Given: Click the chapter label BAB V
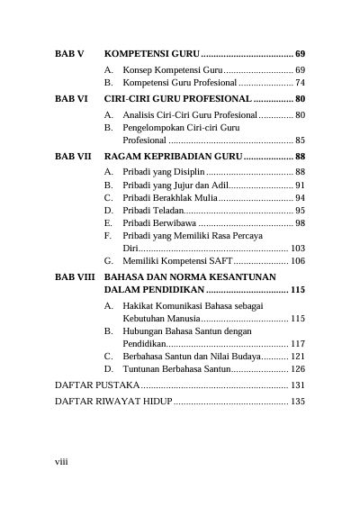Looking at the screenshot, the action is pos(69,54).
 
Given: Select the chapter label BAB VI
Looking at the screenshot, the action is pos(71,98).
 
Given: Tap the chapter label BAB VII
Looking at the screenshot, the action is pos(73,156).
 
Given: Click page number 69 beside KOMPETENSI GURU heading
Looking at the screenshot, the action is pos(300,54).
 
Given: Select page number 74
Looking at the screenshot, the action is pos(300,83).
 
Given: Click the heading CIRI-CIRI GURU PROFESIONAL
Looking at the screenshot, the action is pos(177,98).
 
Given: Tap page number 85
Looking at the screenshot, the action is pos(300,140).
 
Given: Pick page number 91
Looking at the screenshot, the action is pos(300,185).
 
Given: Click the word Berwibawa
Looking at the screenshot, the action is pos(174,222).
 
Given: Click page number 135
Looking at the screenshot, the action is pos(298,401).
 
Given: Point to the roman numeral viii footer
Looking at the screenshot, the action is pos(62,461).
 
